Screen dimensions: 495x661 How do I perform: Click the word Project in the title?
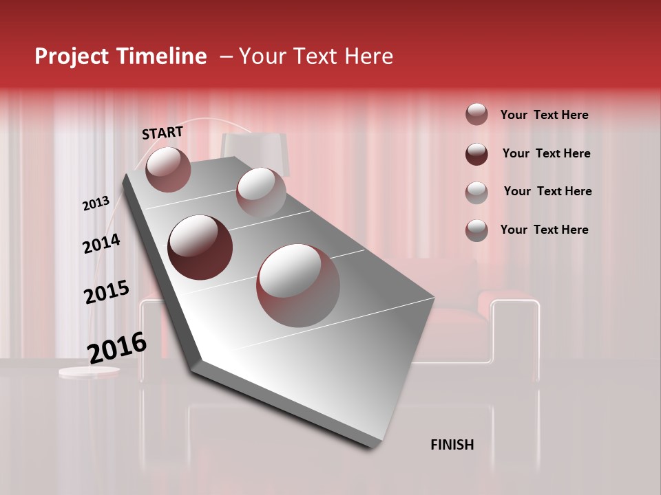click(71, 56)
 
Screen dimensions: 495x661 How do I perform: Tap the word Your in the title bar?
click(260, 56)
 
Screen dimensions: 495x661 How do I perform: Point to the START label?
click(162, 133)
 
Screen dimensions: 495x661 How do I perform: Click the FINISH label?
click(452, 445)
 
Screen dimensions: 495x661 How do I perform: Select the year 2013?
click(96, 203)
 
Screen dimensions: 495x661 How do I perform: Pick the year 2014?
click(101, 244)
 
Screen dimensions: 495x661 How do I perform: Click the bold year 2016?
click(117, 348)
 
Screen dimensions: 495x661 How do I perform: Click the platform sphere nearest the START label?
click(168, 169)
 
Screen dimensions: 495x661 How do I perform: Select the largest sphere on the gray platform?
click(298, 285)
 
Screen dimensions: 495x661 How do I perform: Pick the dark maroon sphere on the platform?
click(200, 247)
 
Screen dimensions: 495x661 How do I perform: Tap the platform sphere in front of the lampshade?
click(261, 192)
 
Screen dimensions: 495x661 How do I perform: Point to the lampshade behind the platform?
click(254, 148)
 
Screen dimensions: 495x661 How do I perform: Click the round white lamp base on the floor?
click(89, 372)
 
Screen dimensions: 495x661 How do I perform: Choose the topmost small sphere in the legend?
click(476, 114)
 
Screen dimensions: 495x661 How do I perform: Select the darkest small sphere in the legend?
click(476, 153)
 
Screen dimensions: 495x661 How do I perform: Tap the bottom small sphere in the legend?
click(476, 230)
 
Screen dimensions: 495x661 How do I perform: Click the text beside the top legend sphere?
click(544, 115)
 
